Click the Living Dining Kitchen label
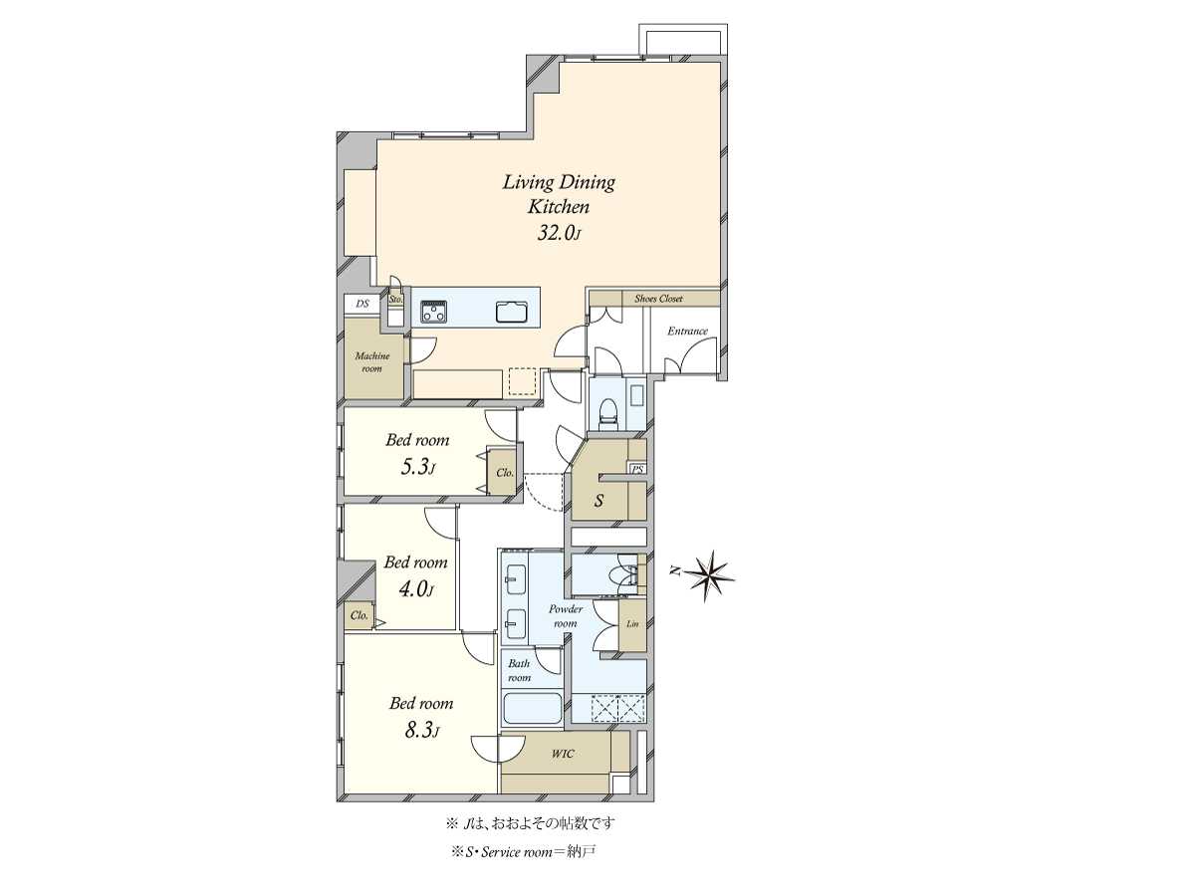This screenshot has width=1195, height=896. click(x=559, y=194)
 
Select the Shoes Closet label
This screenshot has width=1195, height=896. click(x=658, y=299)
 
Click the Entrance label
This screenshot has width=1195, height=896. click(x=687, y=331)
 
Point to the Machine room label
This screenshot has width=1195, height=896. click(x=372, y=361)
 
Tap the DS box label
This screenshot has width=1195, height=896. click(x=362, y=304)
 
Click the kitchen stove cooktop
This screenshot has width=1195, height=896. click(x=434, y=312)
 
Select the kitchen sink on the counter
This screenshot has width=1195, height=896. click(x=512, y=313)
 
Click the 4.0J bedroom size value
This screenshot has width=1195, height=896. click(x=415, y=589)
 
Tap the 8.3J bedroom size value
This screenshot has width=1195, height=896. click(x=421, y=731)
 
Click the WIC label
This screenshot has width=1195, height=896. click(x=563, y=754)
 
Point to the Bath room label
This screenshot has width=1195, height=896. click(x=520, y=670)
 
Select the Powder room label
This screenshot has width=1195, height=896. click(x=566, y=616)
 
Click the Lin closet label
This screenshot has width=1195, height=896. click(x=632, y=624)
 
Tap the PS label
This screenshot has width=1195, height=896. click(x=637, y=469)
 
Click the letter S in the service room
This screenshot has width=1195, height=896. click(x=598, y=500)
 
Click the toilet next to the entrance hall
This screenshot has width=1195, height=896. click(x=607, y=411)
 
